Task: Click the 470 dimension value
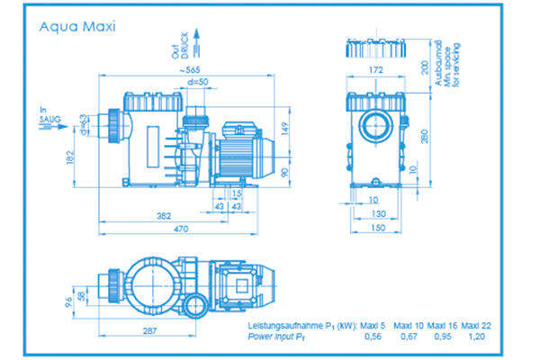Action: point(181,229)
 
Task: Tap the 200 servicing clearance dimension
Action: point(423,69)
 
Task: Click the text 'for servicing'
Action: point(456,65)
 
